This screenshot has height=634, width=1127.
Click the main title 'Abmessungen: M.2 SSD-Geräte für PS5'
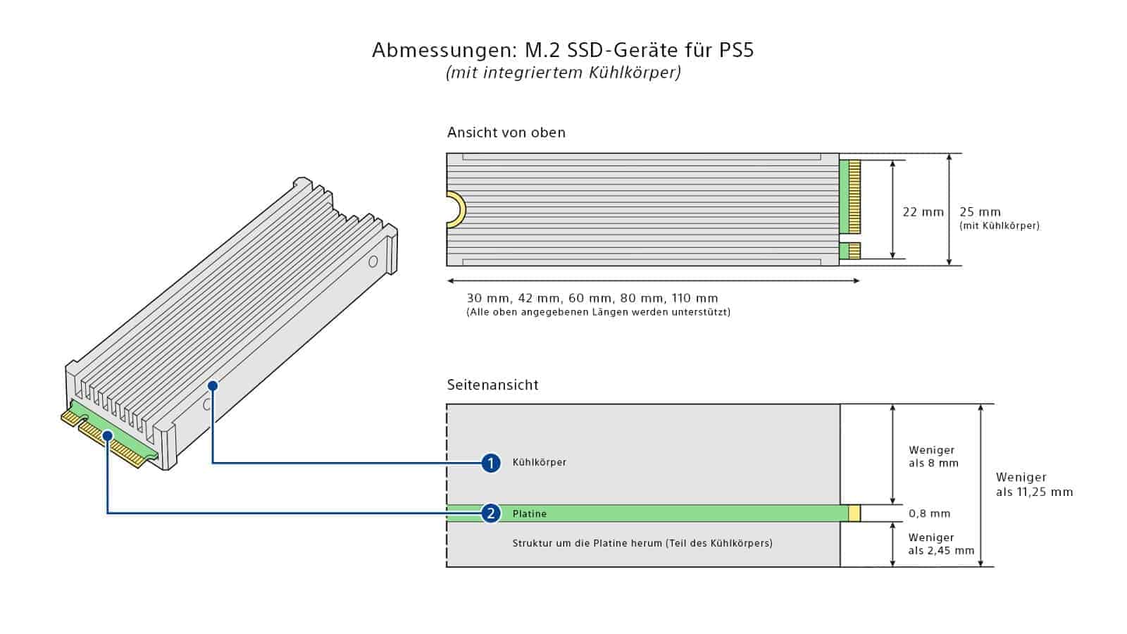[563, 51]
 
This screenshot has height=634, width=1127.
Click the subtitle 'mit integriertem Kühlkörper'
[563, 73]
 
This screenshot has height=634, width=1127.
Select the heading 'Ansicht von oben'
[506, 132]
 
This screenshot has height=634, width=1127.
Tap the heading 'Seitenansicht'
[492, 385]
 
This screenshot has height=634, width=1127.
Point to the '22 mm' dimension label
[923, 212]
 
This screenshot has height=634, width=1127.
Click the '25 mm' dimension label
[980, 212]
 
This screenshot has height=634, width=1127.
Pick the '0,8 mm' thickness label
[929, 514]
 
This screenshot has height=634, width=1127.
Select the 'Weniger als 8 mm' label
[933, 456]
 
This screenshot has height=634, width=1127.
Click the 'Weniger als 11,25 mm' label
[1033, 485]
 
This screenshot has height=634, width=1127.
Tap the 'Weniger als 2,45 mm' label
[940, 544]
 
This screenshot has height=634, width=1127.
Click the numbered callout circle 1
[491, 463]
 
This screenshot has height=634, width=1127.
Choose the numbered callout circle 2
[491, 514]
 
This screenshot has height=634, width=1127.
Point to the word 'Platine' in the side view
[529, 514]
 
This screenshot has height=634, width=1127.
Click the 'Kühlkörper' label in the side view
[539, 462]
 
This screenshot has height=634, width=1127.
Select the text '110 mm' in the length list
[695, 298]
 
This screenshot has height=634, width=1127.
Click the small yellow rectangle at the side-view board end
[854, 514]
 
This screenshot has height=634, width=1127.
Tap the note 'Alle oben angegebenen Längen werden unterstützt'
[598, 312]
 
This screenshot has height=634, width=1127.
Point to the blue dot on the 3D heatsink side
[213, 385]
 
